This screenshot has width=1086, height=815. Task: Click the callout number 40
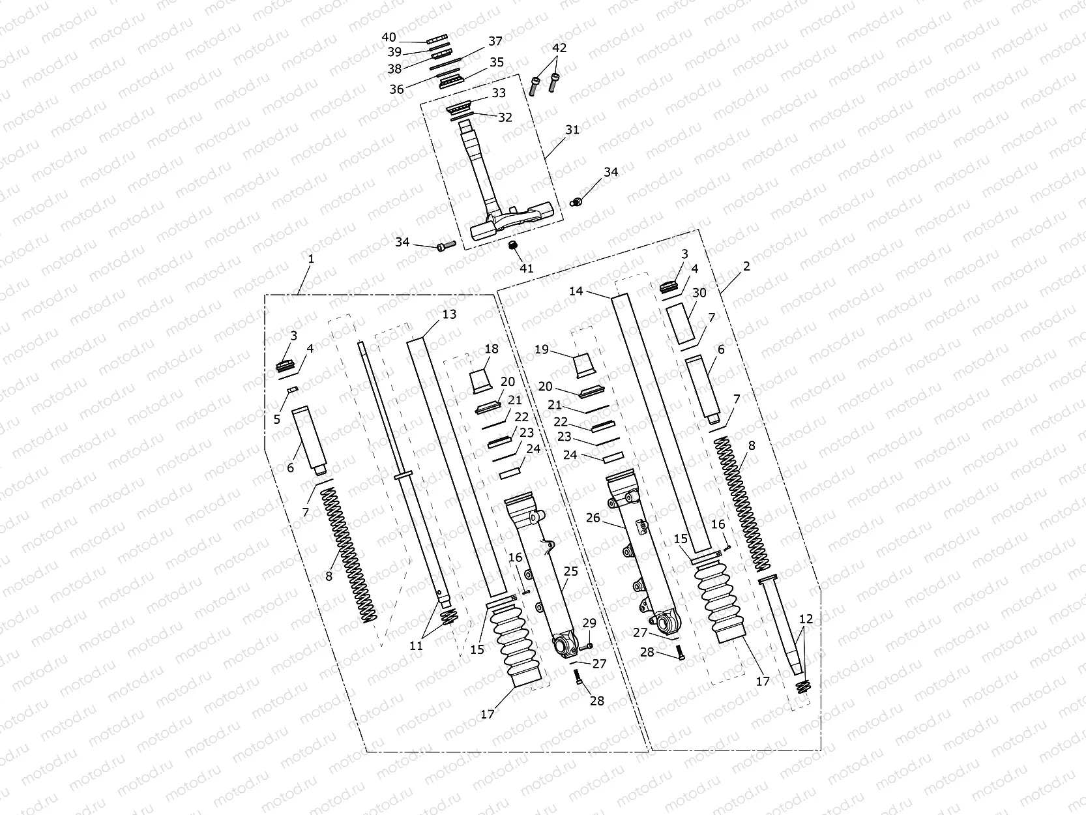[389, 38]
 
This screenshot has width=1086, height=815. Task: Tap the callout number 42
[559, 48]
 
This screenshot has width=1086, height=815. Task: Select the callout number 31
[572, 130]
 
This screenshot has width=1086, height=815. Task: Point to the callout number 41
[526, 268]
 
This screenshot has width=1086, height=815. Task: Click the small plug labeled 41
[513, 245]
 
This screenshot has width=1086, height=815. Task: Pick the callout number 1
[311, 259]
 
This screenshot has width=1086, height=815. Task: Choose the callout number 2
[746, 266]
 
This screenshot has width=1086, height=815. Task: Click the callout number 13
[449, 314]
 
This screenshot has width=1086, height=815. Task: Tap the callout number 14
[576, 291]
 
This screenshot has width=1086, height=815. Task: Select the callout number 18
[492, 349]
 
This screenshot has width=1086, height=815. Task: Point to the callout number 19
[542, 349]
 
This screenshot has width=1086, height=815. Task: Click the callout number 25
[571, 571]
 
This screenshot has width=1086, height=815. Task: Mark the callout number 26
[593, 518]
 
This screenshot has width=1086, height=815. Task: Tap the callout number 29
[589, 623]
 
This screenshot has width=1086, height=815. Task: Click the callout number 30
[699, 293]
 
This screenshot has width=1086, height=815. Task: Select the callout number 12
[806, 619]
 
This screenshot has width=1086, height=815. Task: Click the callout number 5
[277, 419]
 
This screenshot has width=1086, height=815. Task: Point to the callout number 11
[416, 645]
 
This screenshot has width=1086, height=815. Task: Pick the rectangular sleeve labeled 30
[682, 323]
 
